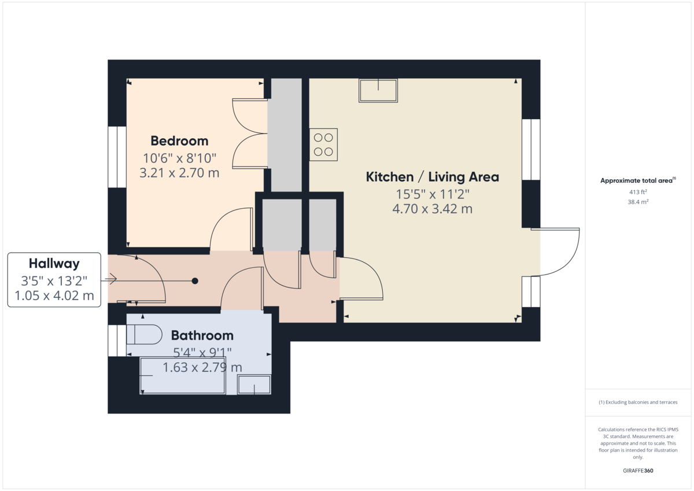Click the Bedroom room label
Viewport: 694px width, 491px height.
179,141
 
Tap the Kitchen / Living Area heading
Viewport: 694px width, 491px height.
432,177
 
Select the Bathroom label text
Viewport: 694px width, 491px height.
202,335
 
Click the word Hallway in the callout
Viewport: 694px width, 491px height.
54,264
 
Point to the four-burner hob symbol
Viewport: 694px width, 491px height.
323,145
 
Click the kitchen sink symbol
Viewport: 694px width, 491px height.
378,91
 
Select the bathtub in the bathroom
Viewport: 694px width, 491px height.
183,376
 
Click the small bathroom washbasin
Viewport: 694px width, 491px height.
254,385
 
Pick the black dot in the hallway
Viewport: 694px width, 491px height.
195,281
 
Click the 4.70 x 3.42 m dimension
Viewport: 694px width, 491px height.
432,209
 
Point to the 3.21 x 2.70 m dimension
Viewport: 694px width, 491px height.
179,172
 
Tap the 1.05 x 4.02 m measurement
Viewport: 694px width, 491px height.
54,296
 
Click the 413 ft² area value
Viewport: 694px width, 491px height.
638,191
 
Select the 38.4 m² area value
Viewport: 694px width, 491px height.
638,202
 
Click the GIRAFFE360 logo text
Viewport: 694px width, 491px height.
638,471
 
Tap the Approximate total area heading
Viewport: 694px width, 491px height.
637,180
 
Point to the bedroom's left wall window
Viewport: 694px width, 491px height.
117,157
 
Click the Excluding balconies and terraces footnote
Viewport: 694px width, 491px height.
638,402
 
